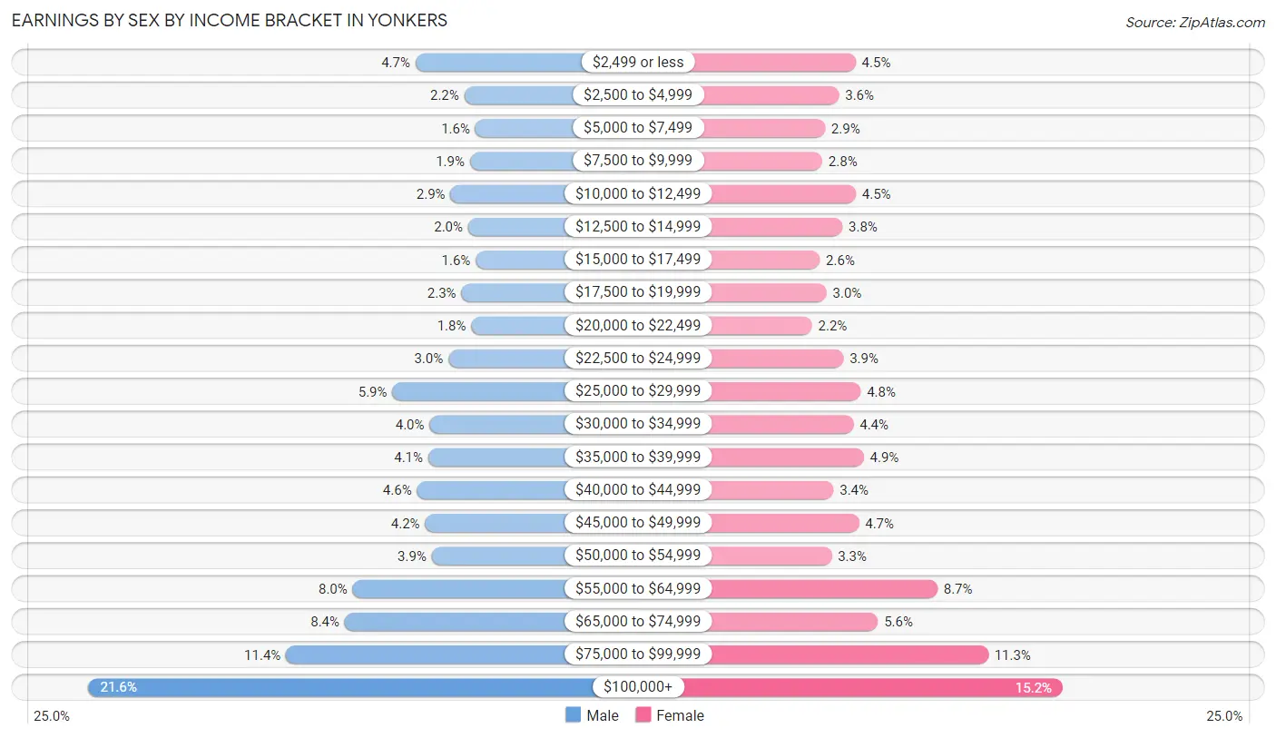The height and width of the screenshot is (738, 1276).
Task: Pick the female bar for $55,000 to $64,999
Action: click(x=822, y=589)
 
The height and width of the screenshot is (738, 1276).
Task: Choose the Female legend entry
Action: click(x=670, y=715)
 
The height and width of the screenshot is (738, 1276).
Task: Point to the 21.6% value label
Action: click(x=118, y=687)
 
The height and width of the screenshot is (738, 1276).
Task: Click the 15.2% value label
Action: click(x=1034, y=687)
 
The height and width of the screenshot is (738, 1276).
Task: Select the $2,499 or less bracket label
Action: click(x=638, y=62)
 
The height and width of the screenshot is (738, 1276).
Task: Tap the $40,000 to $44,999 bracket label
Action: click(x=638, y=490)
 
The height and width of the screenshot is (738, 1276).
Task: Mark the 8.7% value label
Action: click(x=957, y=589)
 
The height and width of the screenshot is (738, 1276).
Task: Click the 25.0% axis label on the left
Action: click(x=52, y=716)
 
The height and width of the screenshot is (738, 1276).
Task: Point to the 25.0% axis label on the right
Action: click(x=1223, y=716)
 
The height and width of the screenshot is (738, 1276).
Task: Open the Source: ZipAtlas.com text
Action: click(x=1194, y=21)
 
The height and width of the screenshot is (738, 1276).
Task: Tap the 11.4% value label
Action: click(x=263, y=654)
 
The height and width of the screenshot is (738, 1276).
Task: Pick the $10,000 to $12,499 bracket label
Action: click(x=638, y=193)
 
